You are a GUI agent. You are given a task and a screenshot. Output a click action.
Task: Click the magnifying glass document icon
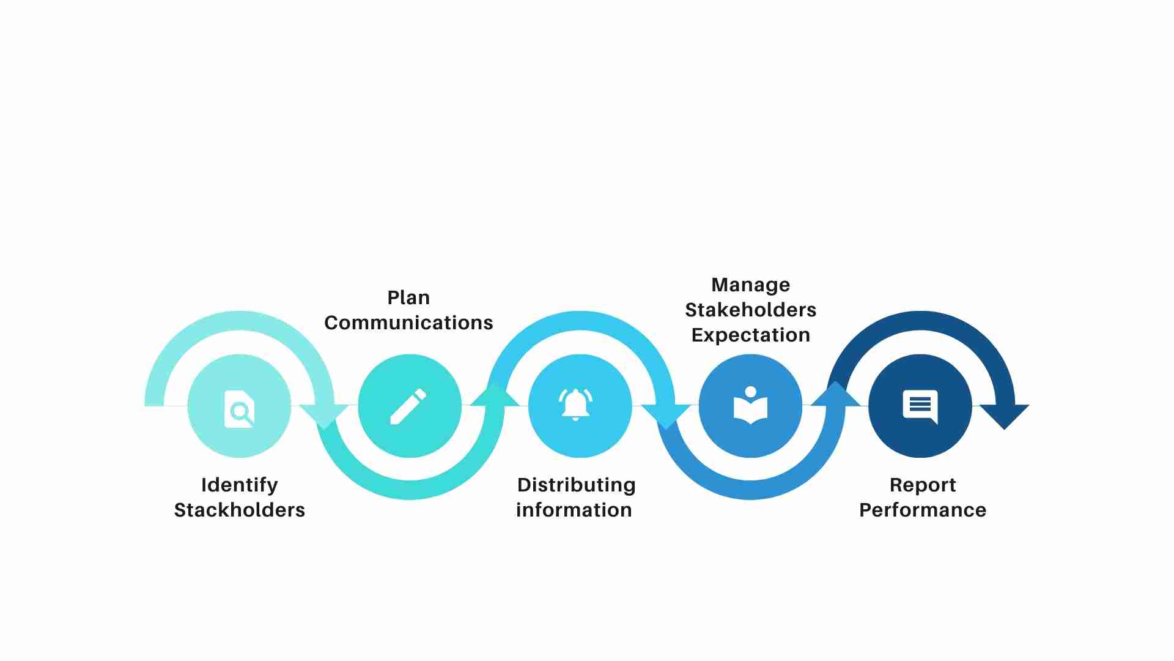click(239, 408)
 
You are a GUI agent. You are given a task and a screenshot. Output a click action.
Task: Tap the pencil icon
click(408, 406)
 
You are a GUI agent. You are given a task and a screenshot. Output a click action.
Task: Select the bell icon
click(575, 404)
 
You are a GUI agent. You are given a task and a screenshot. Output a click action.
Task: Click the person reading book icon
click(750, 405)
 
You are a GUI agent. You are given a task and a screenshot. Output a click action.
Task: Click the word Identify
click(240, 485)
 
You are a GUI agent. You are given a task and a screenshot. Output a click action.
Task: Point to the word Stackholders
click(240, 510)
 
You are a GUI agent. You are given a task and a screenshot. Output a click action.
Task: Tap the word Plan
click(408, 297)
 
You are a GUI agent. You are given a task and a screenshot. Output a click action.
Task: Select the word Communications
click(408, 323)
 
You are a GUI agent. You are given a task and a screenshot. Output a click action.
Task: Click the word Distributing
click(577, 485)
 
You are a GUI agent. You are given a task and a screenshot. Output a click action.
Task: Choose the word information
click(574, 510)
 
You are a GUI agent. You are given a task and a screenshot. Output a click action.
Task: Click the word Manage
click(751, 285)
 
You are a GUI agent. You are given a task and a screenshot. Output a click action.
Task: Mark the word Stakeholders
click(751, 310)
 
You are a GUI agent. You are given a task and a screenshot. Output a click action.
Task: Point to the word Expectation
click(751, 335)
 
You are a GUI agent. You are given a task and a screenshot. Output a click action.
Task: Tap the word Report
click(923, 485)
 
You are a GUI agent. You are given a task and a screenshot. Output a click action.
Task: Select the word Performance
click(923, 510)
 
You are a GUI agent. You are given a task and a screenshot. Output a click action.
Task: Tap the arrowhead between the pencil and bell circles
click(495, 394)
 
